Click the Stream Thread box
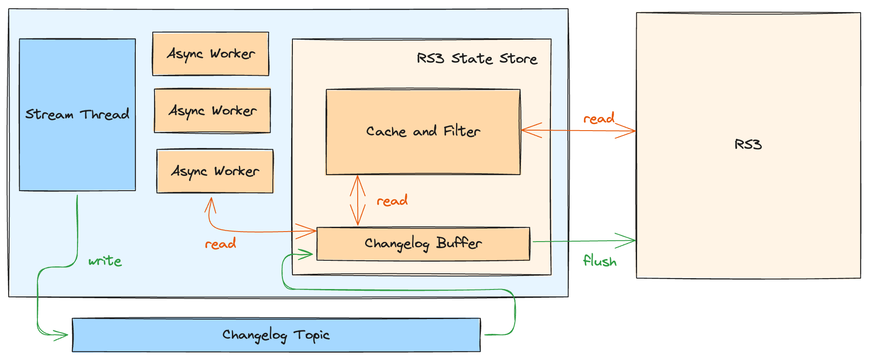pyautogui.click(x=77, y=114)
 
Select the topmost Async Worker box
pyautogui.click(x=211, y=54)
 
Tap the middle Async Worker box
pyautogui.click(x=212, y=111)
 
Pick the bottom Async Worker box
pyautogui.click(x=215, y=171)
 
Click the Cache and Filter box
pyautogui.click(x=423, y=131)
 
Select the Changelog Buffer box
pyautogui.click(x=423, y=244)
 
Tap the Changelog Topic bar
pyautogui.click(x=276, y=335)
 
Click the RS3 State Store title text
pyautogui.click(x=477, y=58)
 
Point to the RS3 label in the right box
pyautogui.click(x=748, y=145)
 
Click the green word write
pyautogui.click(x=105, y=261)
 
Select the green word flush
pyautogui.click(x=600, y=261)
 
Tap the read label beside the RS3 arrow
pyautogui.click(x=599, y=118)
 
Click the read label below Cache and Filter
pyautogui.click(x=392, y=201)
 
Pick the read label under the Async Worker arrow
pyautogui.click(x=221, y=244)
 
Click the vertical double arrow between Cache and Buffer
pyautogui.click(x=358, y=201)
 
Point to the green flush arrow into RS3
pyautogui.click(x=583, y=241)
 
